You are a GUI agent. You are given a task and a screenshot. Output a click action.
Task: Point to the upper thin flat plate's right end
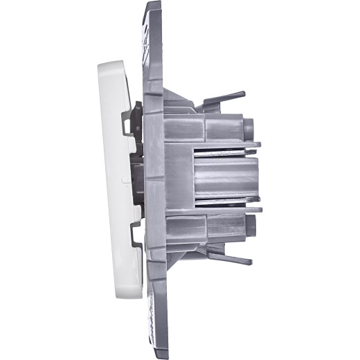pyautogui.click(x=259, y=145)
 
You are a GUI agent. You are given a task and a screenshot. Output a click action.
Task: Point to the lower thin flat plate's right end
pyautogui.click(x=260, y=208)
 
